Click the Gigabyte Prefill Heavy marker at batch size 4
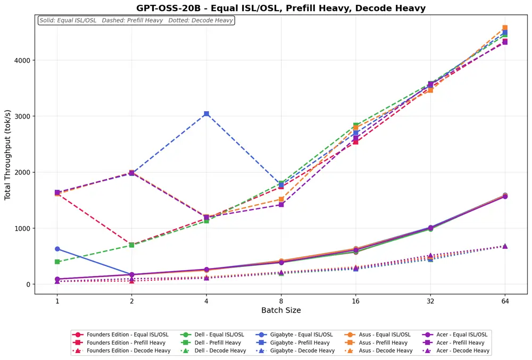[x=206, y=114]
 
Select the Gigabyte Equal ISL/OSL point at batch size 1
[x=57, y=249]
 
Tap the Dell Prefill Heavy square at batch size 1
[x=57, y=262]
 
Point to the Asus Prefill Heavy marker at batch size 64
[x=505, y=28]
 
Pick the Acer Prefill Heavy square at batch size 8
[x=281, y=204]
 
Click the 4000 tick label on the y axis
[x=23, y=60]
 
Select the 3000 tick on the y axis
[x=23, y=116]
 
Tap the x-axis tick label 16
[x=355, y=301]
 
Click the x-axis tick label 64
[x=505, y=301]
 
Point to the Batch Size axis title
[x=281, y=310]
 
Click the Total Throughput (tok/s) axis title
[x=7, y=155]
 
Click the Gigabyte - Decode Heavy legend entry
[x=295, y=350]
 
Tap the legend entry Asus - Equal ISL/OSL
[x=377, y=334]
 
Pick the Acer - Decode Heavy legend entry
[x=456, y=350]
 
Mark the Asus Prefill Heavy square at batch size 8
[x=281, y=199]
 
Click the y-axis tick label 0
[x=29, y=284]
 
